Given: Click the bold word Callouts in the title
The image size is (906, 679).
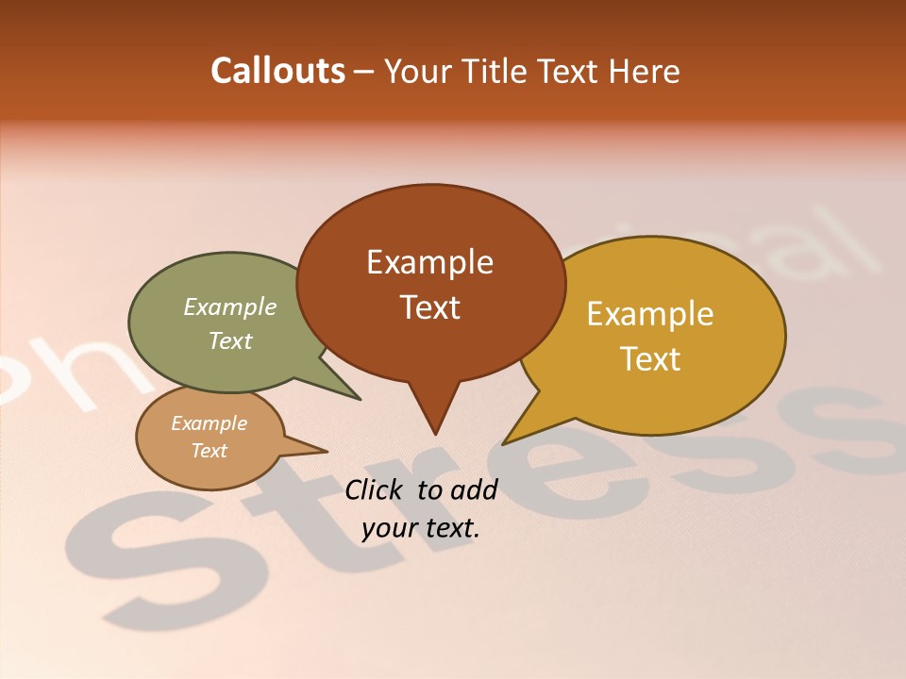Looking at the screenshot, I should pyautogui.click(x=277, y=71).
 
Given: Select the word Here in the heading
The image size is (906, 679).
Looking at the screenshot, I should pyautogui.click(x=645, y=71).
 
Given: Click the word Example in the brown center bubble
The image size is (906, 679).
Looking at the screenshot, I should pyautogui.click(x=429, y=262).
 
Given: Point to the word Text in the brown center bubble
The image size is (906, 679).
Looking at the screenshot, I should pyautogui.click(x=429, y=307).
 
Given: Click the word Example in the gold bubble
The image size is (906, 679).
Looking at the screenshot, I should pyautogui.click(x=650, y=314).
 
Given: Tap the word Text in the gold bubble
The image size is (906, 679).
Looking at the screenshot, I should pyautogui.click(x=650, y=359).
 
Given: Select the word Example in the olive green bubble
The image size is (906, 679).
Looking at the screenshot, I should pyautogui.click(x=230, y=307).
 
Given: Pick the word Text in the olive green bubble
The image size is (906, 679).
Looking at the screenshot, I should pyautogui.click(x=230, y=341).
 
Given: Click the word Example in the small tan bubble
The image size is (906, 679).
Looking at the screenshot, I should pyautogui.click(x=209, y=423).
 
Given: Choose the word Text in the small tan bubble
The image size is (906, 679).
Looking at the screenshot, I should pyautogui.click(x=209, y=451).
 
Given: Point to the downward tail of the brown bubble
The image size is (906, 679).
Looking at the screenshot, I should pyautogui.click(x=434, y=415).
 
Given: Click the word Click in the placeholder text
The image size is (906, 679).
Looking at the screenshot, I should pyautogui.click(x=375, y=489).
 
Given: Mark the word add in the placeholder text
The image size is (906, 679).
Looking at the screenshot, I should pyautogui.click(x=474, y=489).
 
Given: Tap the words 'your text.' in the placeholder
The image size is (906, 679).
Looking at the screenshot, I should pyautogui.click(x=421, y=528).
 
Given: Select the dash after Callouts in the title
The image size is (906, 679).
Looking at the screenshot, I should pyautogui.click(x=364, y=72).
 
